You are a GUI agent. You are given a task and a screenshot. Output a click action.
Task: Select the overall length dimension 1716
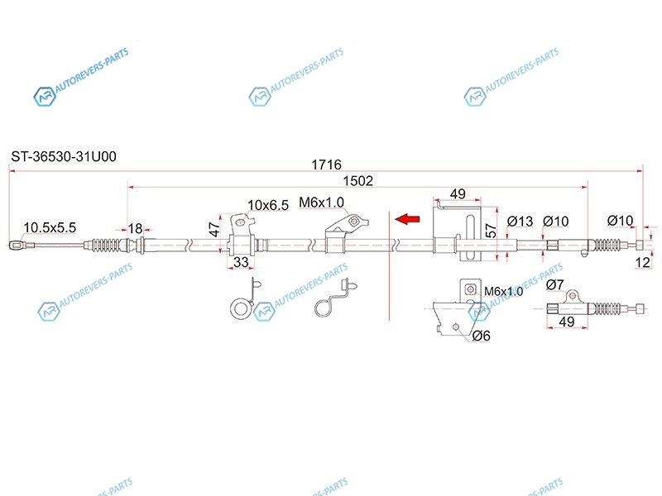(x=326, y=165)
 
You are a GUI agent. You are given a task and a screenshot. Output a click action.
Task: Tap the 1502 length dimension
(x=358, y=181)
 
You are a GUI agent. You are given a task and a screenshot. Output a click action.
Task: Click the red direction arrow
(x=407, y=219)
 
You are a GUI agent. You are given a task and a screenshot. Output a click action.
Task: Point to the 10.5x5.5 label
(x=50, y=227)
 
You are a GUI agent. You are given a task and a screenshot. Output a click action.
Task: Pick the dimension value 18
(x=135, y=229)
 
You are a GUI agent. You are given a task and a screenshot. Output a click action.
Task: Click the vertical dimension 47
(x=213, y=229)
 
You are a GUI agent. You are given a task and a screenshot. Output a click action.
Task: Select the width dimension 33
(x=242, y=263)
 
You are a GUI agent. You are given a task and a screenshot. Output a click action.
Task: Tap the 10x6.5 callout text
(x=268, y=205)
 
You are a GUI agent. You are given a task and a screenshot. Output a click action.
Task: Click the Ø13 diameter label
(x=519, y=221)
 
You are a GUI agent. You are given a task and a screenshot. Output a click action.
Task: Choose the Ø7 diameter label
(x=555, y=286)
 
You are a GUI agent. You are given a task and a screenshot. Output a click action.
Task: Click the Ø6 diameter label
(x=482, y=335)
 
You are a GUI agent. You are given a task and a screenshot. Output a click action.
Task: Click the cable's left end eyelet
(x=17, y=245)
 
